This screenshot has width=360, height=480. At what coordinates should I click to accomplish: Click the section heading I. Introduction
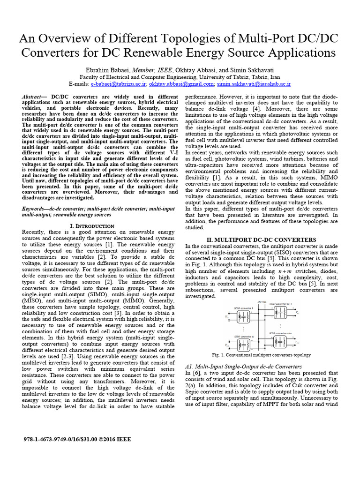[92, 226]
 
